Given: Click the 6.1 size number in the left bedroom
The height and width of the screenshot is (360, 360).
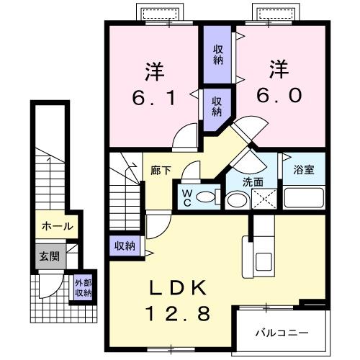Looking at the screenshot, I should coord(154,96).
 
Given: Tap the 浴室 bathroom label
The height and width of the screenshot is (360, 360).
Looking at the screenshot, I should coord(302,170).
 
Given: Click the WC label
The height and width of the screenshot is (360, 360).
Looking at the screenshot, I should coord(186,197).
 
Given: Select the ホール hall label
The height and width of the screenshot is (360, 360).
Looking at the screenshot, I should coord(57,226).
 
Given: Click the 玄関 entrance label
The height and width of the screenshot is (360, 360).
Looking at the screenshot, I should coord(48,255).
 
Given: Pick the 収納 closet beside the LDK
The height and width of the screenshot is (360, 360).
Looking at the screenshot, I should coord(125,246).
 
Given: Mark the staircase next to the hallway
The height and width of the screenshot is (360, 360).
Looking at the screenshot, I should coord(125,187).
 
